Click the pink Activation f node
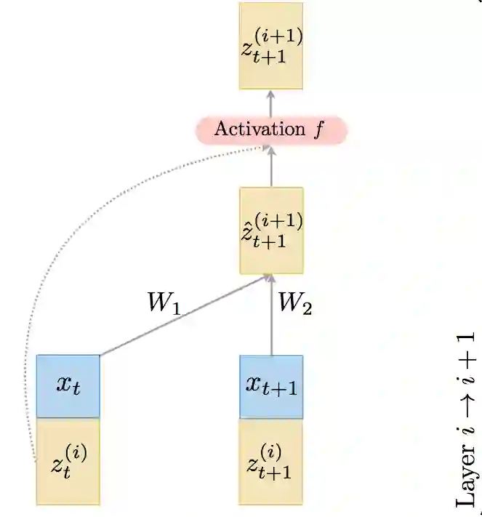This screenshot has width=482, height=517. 271,130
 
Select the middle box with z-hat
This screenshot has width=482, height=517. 271,229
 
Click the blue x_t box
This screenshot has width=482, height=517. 68,385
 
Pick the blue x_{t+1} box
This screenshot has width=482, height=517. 271,386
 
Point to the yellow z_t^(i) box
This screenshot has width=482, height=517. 68,461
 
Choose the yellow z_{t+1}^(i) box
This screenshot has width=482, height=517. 271,461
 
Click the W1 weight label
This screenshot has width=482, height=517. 163,304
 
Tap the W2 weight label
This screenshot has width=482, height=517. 294,304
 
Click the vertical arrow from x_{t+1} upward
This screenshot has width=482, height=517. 271,320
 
